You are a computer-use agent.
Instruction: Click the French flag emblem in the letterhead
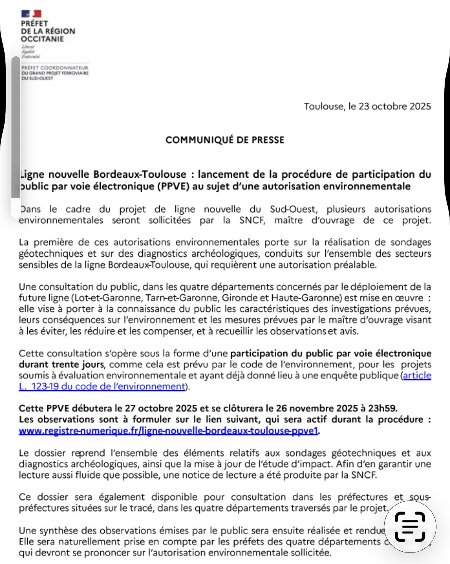pyautogui.click(x=31, y=14)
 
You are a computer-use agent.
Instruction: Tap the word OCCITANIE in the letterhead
pyautogui.click(x=42, y=39)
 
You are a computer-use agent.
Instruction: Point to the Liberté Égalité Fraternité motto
pyautogui.click(x=30, y=52)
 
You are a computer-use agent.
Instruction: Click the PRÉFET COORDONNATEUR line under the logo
pyautogui.click(x=55, y=68)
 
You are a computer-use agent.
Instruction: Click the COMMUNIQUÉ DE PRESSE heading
pyautogui.click(x=225, y=140)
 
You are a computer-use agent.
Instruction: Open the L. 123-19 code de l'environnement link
pyautogui.click(x=102, y=386)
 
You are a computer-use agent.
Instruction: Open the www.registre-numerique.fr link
pyautogui.click(x=168, y=431)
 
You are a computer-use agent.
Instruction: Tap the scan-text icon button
pyautogui.click(x=410, y=526)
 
